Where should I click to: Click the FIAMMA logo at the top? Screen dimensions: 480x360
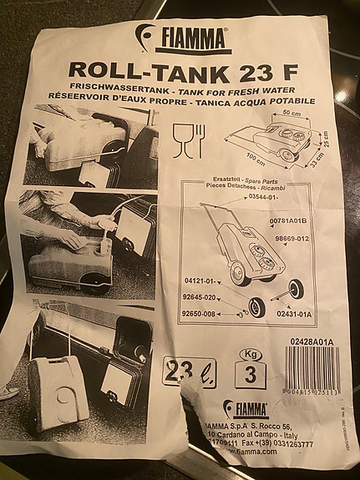[183, 38]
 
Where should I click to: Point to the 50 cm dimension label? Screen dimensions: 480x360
[291, 113]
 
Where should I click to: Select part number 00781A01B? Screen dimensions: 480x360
[290, 220]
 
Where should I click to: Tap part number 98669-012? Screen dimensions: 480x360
[291, 239]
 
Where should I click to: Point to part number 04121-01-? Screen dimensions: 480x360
[199, 280]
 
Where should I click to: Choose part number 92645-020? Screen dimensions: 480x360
[200, 296]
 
